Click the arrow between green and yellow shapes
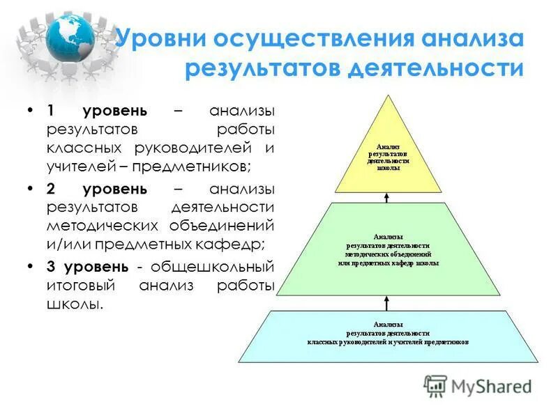388,197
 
